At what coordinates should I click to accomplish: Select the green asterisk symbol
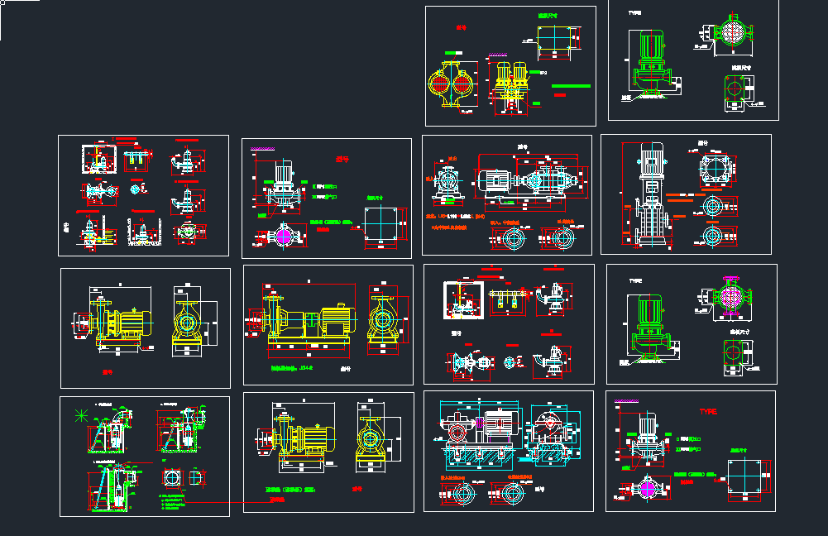pyautogui.click(x=80, y=416)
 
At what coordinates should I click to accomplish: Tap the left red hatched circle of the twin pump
pyautogui.click(x=439, y=84)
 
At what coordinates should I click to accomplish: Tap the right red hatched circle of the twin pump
pyautogui.click(x=462, y=84)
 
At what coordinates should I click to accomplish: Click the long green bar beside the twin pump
pyautogui.click(x=572, y=86)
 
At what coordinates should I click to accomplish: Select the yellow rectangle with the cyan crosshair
pyautogui.click(x=557, y=38)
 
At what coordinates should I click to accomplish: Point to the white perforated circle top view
pyautogui.click(x=730, y=32)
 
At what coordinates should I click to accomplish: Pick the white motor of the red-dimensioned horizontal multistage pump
pyautogui.click(x=495, y=180)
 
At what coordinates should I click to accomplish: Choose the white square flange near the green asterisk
pyautogui.click(x=174, y=479)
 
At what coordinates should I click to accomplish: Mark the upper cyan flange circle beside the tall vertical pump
pyautogui.click(x=711, y=205)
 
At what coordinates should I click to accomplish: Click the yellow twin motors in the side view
pyautogui.click(x=509, y=75)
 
